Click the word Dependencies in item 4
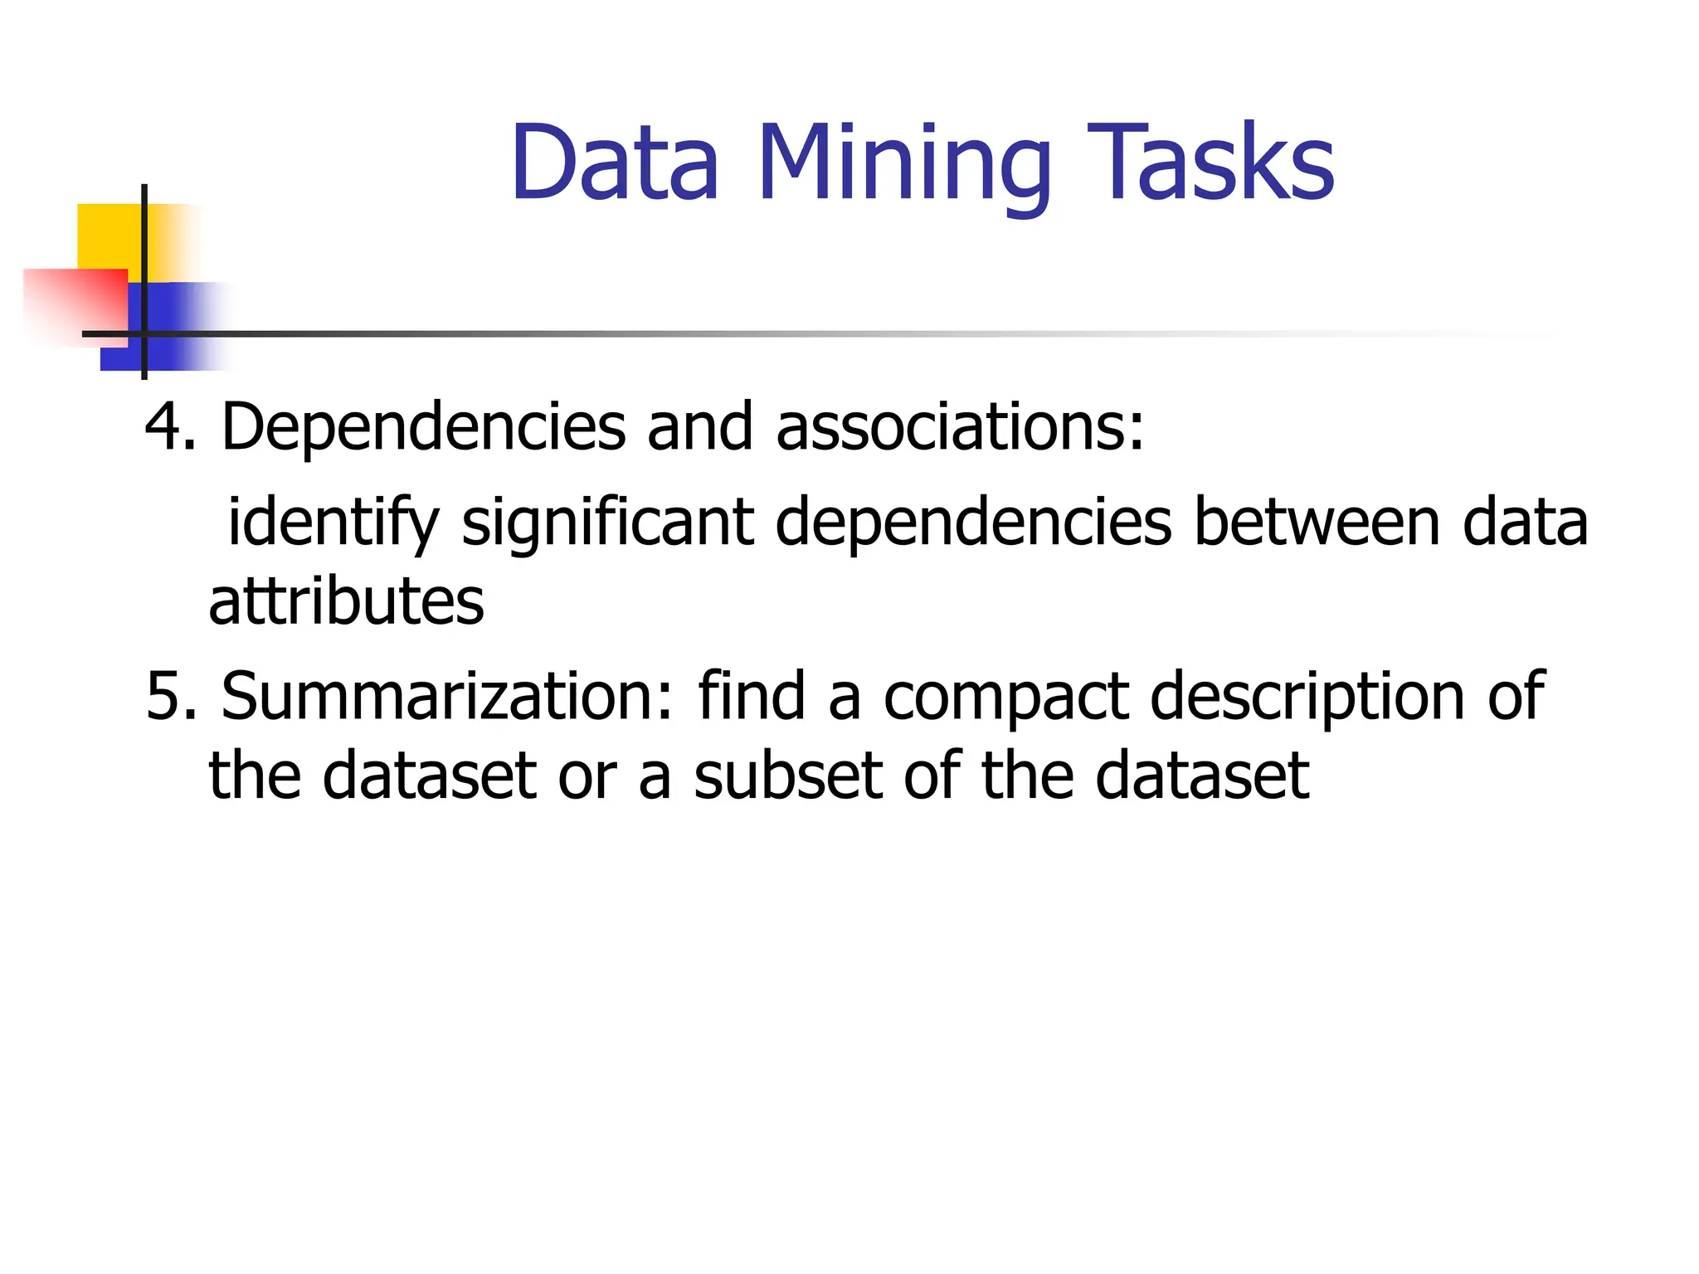click(x=423, y=428)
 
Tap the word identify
click(x=333, y=523)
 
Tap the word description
click(x=1307, y=697)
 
